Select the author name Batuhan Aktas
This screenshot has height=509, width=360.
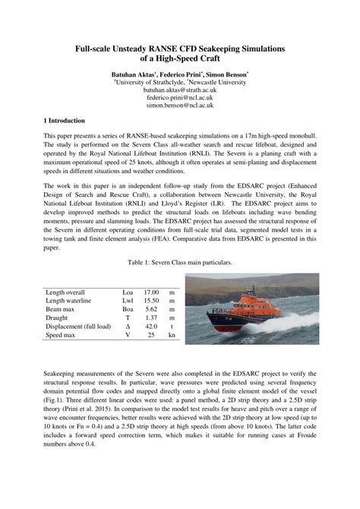[134, 76]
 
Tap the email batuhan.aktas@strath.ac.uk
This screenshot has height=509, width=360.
[180, 91]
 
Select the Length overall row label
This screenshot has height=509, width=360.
[65, 292]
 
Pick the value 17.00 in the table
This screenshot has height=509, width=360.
[151, 292]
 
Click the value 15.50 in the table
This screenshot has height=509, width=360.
[151, 302]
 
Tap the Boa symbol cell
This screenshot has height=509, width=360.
[128, 310]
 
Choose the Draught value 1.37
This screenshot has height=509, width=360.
[151, 318]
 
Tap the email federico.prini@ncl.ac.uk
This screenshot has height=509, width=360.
[180, 99]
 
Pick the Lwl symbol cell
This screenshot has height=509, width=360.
[128, 302]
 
